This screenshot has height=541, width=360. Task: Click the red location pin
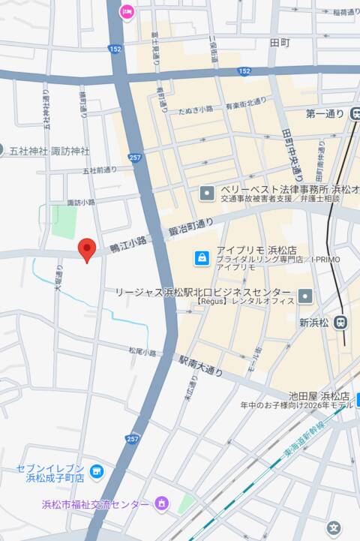click(87, 249)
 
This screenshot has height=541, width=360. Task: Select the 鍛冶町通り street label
click(190, 225)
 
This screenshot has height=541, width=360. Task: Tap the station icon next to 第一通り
click(355, 114)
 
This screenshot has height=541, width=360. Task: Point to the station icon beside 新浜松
click(341, 323)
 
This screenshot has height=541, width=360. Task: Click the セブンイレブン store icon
click(96, 472)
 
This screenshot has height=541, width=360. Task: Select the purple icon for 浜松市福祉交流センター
click(161, 503)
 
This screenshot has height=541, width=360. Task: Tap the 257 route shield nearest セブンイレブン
click(133, 438)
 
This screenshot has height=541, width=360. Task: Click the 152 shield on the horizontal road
click(244, 71)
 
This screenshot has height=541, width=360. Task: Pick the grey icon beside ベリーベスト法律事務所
click(207, 194)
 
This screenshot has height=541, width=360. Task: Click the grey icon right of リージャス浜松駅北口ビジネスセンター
click(304, 296)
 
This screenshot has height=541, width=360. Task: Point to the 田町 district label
click(280, 43)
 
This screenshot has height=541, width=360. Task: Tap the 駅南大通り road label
click(202, 365)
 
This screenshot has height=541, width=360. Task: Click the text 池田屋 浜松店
click(320, 395)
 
